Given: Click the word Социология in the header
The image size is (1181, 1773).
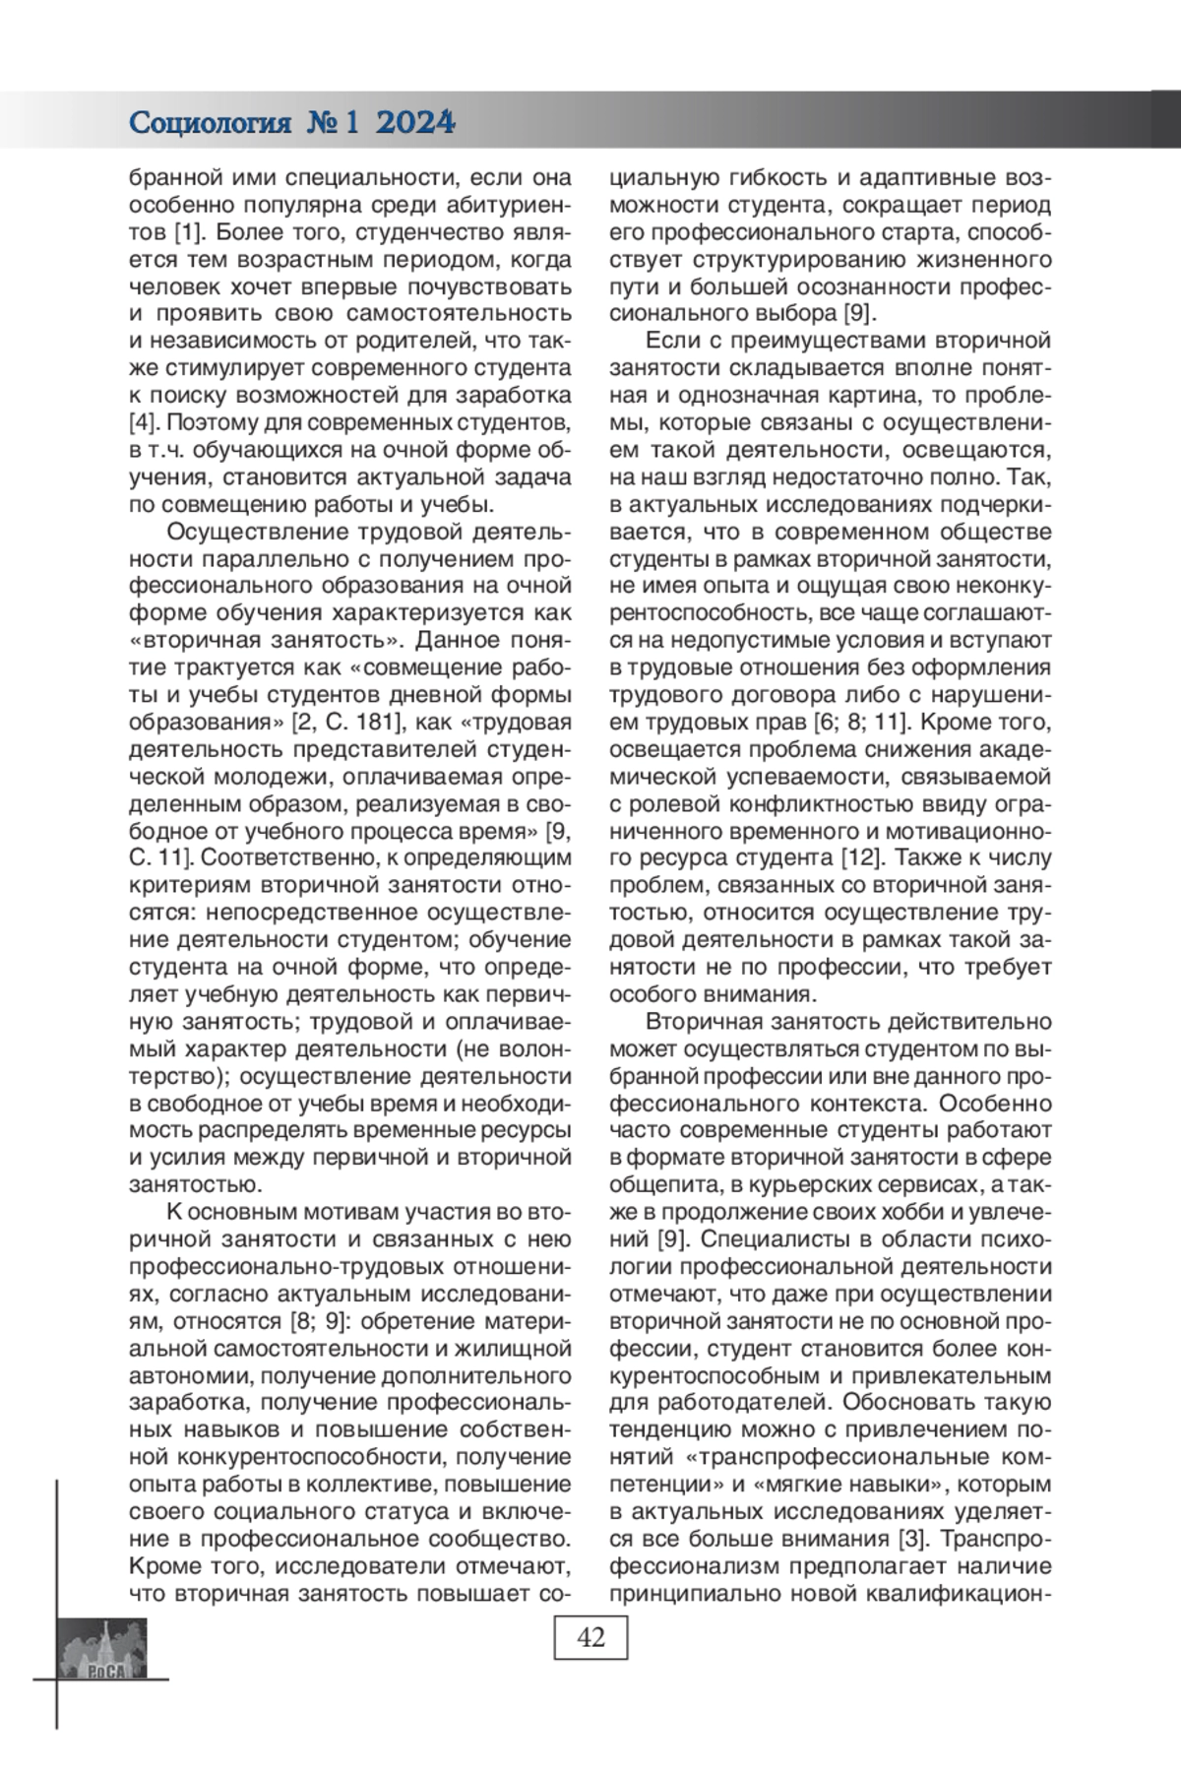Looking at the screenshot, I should [x=211, y=123].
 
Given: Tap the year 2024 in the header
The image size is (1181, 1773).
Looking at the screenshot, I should [x=414, y=123].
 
